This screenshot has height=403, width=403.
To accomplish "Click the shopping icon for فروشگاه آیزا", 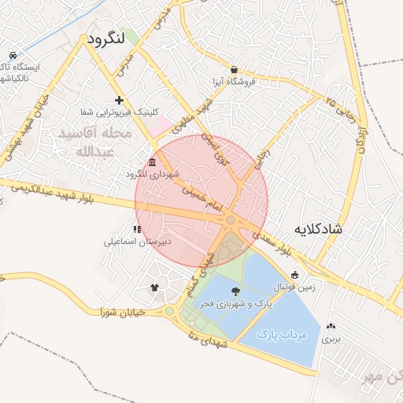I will click(234, 69).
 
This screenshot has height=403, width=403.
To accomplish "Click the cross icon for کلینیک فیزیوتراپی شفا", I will click(119, 100).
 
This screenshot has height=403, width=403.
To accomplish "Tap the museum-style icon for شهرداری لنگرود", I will click(152, 162).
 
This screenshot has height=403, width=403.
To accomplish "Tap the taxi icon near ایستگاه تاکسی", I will click(13, 55).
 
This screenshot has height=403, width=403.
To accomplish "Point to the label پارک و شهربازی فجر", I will click(237, 304).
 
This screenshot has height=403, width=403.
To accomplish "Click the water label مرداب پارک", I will click(282, 335).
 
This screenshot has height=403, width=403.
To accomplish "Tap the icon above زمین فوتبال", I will click(295, 275).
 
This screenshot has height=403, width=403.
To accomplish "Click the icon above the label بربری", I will click(331, 326).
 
